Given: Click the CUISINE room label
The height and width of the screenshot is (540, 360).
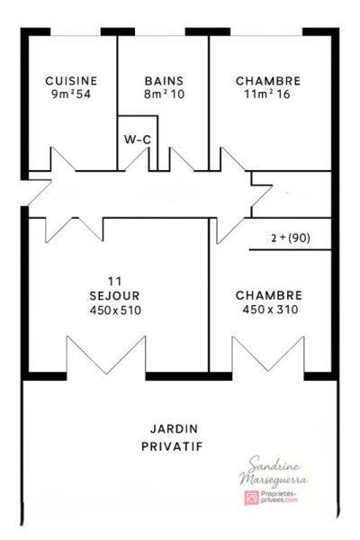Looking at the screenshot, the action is (x=71, y=81).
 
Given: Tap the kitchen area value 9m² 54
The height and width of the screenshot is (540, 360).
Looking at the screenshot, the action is (x=71, y=94).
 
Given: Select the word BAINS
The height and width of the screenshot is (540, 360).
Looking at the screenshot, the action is (x=164, y=81).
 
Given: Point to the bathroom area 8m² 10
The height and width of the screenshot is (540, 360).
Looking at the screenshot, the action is (x=164, y=94).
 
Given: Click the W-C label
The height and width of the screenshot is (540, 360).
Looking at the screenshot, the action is (x=138, y=139).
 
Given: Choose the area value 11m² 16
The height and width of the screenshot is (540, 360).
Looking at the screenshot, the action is (x=267, y=94).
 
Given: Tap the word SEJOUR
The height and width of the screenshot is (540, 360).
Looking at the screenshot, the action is (x=114, y=296).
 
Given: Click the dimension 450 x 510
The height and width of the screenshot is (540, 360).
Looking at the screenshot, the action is (x=115, y=310).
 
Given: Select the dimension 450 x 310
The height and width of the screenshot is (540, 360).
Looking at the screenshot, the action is (x=270, y=310).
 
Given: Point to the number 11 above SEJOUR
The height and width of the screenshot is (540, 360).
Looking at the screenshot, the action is (x=114, y=282).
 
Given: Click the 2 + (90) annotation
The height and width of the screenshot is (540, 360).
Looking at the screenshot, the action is (x=291, y=238).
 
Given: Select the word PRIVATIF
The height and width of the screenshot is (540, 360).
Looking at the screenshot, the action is (x=172, y=446).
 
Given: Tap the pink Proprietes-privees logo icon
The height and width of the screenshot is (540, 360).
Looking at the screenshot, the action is (x=251, y=498).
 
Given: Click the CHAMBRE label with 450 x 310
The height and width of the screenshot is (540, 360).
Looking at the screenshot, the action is (x=269, y=295).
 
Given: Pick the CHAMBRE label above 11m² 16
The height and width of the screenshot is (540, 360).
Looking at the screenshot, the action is (x=268, y=81).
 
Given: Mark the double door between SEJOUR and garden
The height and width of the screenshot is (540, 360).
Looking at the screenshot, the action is (x=106, y=355).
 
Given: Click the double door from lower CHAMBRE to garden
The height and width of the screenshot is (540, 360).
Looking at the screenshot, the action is (x=268, y=355).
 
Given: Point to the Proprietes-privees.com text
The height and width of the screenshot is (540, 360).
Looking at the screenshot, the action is (x=279, y=497).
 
